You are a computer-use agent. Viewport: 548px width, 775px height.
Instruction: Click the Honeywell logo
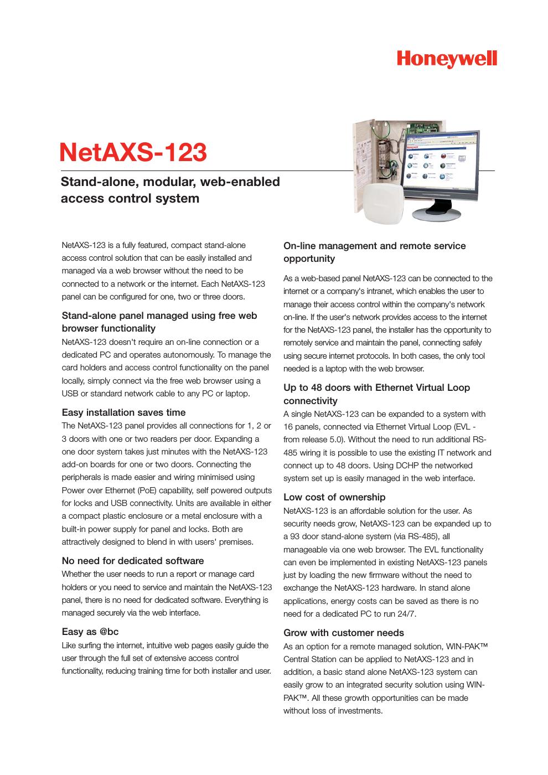click(x=447, y=59)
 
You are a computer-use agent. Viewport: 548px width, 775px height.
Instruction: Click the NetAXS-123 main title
click(x=133, y=152)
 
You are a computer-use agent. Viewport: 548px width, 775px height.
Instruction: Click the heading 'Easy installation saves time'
click(x=123, y=412)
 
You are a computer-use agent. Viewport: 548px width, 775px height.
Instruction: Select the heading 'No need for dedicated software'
click(x=132, y=561)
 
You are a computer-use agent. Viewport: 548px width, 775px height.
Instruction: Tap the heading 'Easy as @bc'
click(x=90, y=632)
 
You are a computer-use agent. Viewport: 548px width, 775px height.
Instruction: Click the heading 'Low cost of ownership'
click(x=334, y=497)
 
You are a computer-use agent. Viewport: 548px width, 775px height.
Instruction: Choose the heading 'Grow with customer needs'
click(x=343, y=633)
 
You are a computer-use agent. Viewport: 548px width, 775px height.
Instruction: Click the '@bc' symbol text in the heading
click(x=109, y=632)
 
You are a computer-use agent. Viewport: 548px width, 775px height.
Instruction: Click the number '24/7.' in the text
click(x=406, y=614)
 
